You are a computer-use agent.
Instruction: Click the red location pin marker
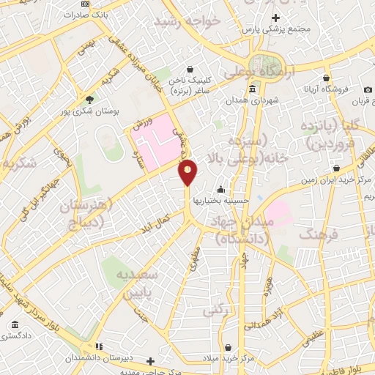click(188, 172)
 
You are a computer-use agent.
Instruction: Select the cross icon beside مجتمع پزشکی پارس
click(275, 18)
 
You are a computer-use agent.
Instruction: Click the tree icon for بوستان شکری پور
click(90, 100)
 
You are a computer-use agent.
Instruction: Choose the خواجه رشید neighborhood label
click(187, 22)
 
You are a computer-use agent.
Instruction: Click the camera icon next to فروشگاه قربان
click(368, 90)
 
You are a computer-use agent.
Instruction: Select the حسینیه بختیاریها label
click(220, 199)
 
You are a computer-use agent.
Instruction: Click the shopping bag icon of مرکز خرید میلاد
click(229, 346)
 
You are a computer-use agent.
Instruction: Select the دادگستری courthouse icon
click(15, 324)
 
